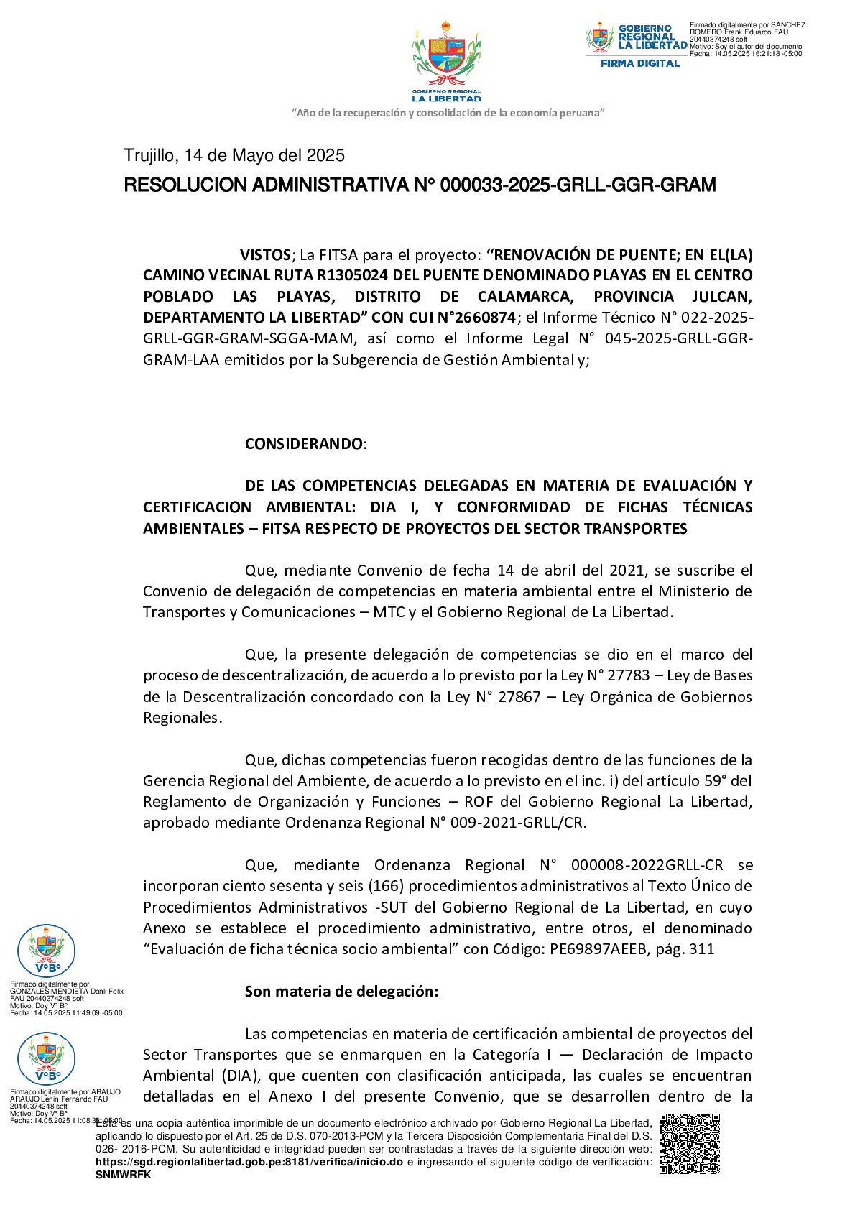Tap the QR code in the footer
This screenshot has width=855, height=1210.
(689, 1143)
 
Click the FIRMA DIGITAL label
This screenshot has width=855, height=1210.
(640, 63)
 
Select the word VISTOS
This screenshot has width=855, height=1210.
(266, 255)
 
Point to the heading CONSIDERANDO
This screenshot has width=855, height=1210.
(305, 444)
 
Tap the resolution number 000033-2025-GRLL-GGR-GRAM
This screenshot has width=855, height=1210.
(578, 185)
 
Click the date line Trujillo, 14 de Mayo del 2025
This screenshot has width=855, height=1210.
(234, 156)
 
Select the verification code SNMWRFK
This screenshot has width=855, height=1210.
(124, 1175)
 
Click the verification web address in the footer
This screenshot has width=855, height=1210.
(249, 1162)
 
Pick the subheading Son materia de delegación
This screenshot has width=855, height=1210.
(341, 992)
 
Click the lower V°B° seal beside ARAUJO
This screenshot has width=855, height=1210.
(46, 1058)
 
